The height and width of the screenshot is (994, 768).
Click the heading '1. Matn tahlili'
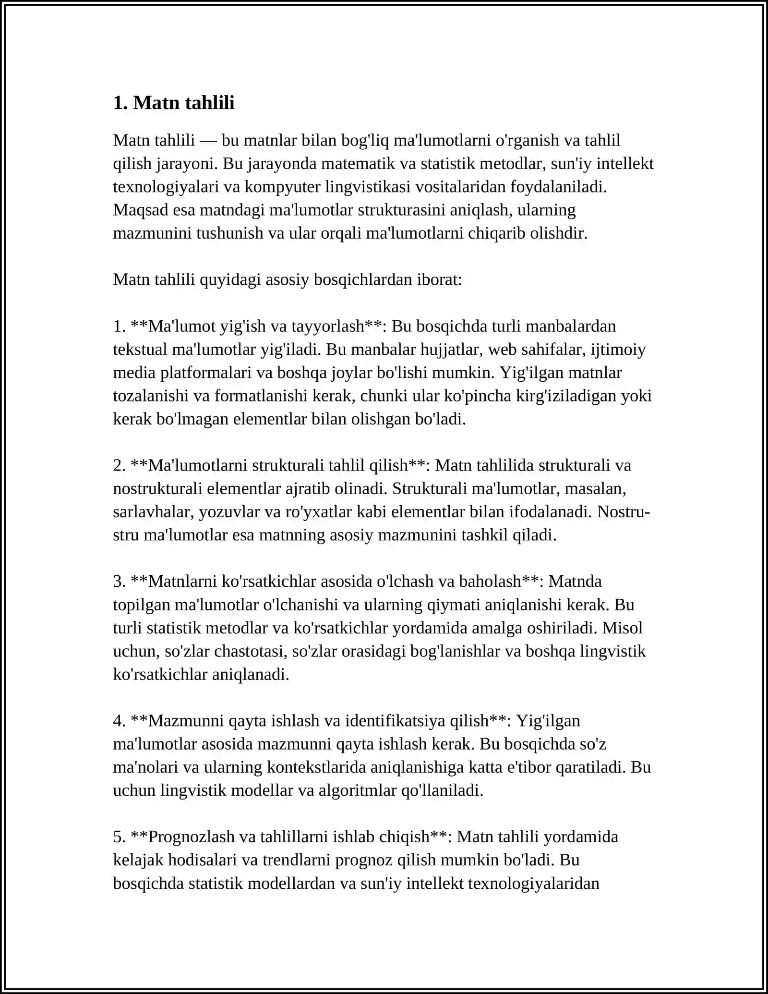(174, 103)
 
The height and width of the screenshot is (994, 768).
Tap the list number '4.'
(119, 721)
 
